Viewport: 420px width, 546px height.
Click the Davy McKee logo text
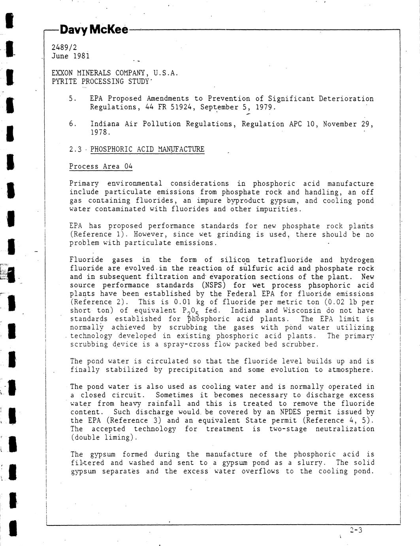tap(94, 30)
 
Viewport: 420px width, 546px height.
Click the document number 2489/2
tap(64, 47)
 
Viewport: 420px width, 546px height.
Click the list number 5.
tap(72, 99)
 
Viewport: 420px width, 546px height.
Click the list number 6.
tap(72, 124)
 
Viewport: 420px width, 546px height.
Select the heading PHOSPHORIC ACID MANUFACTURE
tap(147, 149)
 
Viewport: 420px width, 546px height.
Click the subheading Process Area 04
tap(101, 166)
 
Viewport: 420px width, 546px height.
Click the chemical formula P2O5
tap(192, 311)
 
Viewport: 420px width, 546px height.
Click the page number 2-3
tap(356, 530)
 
